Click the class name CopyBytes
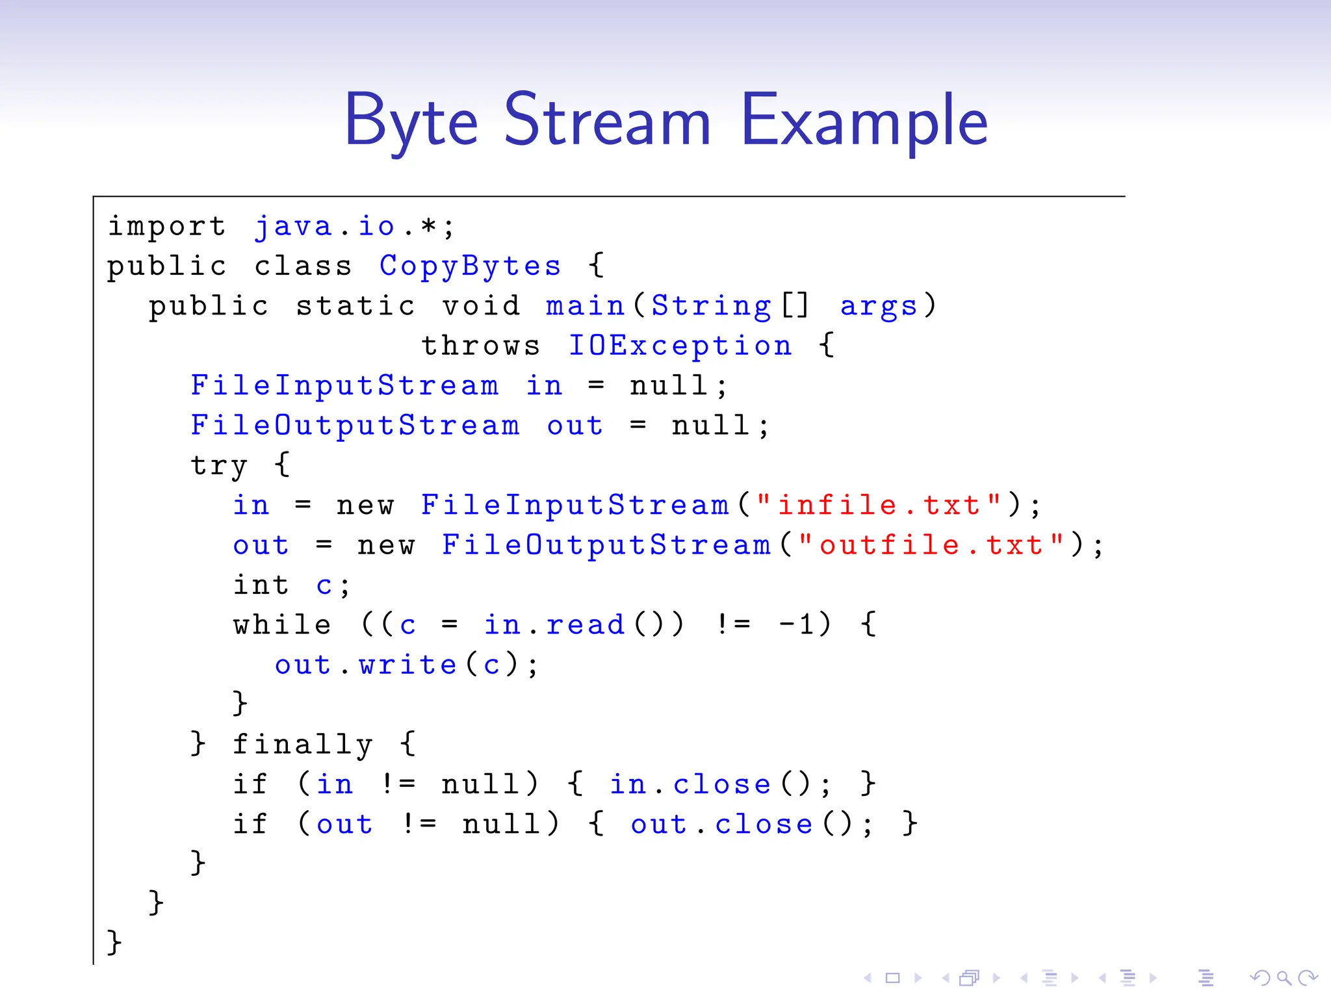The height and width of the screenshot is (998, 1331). [x=470, y=266]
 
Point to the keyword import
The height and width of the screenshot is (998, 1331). [x=167, y=227]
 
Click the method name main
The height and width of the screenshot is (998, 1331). [x=584, y=306]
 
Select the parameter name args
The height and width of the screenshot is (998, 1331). [x=879, y=306]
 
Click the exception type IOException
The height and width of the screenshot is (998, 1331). [x=680, y=346]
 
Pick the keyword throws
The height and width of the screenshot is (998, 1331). [x=481, y=346]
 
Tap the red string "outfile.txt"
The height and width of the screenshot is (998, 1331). [x=931, y=545]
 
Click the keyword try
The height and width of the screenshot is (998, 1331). [x=219, y=465]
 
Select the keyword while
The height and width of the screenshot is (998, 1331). [x=282, y=625]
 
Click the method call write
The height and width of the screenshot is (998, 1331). [x=407, y=665]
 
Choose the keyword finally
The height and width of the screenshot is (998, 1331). [x=302, y=745]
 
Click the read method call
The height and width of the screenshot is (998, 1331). [x=585, y=625]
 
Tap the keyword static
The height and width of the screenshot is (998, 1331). [x=355, y=306]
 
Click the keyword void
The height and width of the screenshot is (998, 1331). [x=481, y=306]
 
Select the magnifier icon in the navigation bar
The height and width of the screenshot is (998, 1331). [x=1283, y=978]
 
